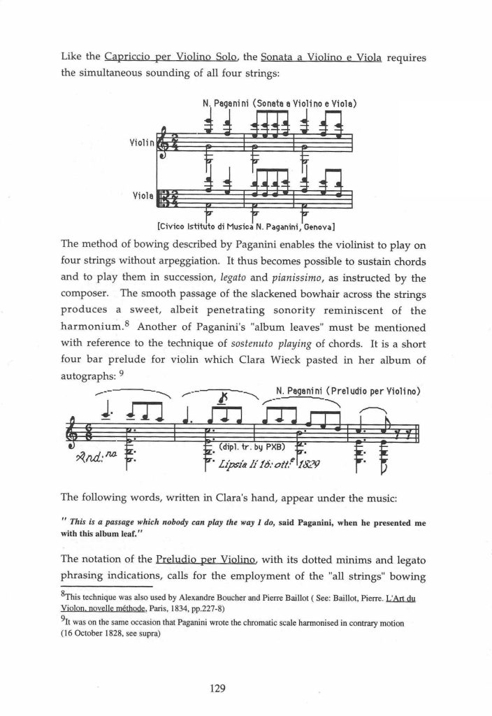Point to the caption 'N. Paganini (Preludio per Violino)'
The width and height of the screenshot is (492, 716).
coord(347,391)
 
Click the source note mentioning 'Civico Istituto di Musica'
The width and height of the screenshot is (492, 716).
coord(248,226)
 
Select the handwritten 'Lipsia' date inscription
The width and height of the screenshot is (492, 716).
coord(270,464)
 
